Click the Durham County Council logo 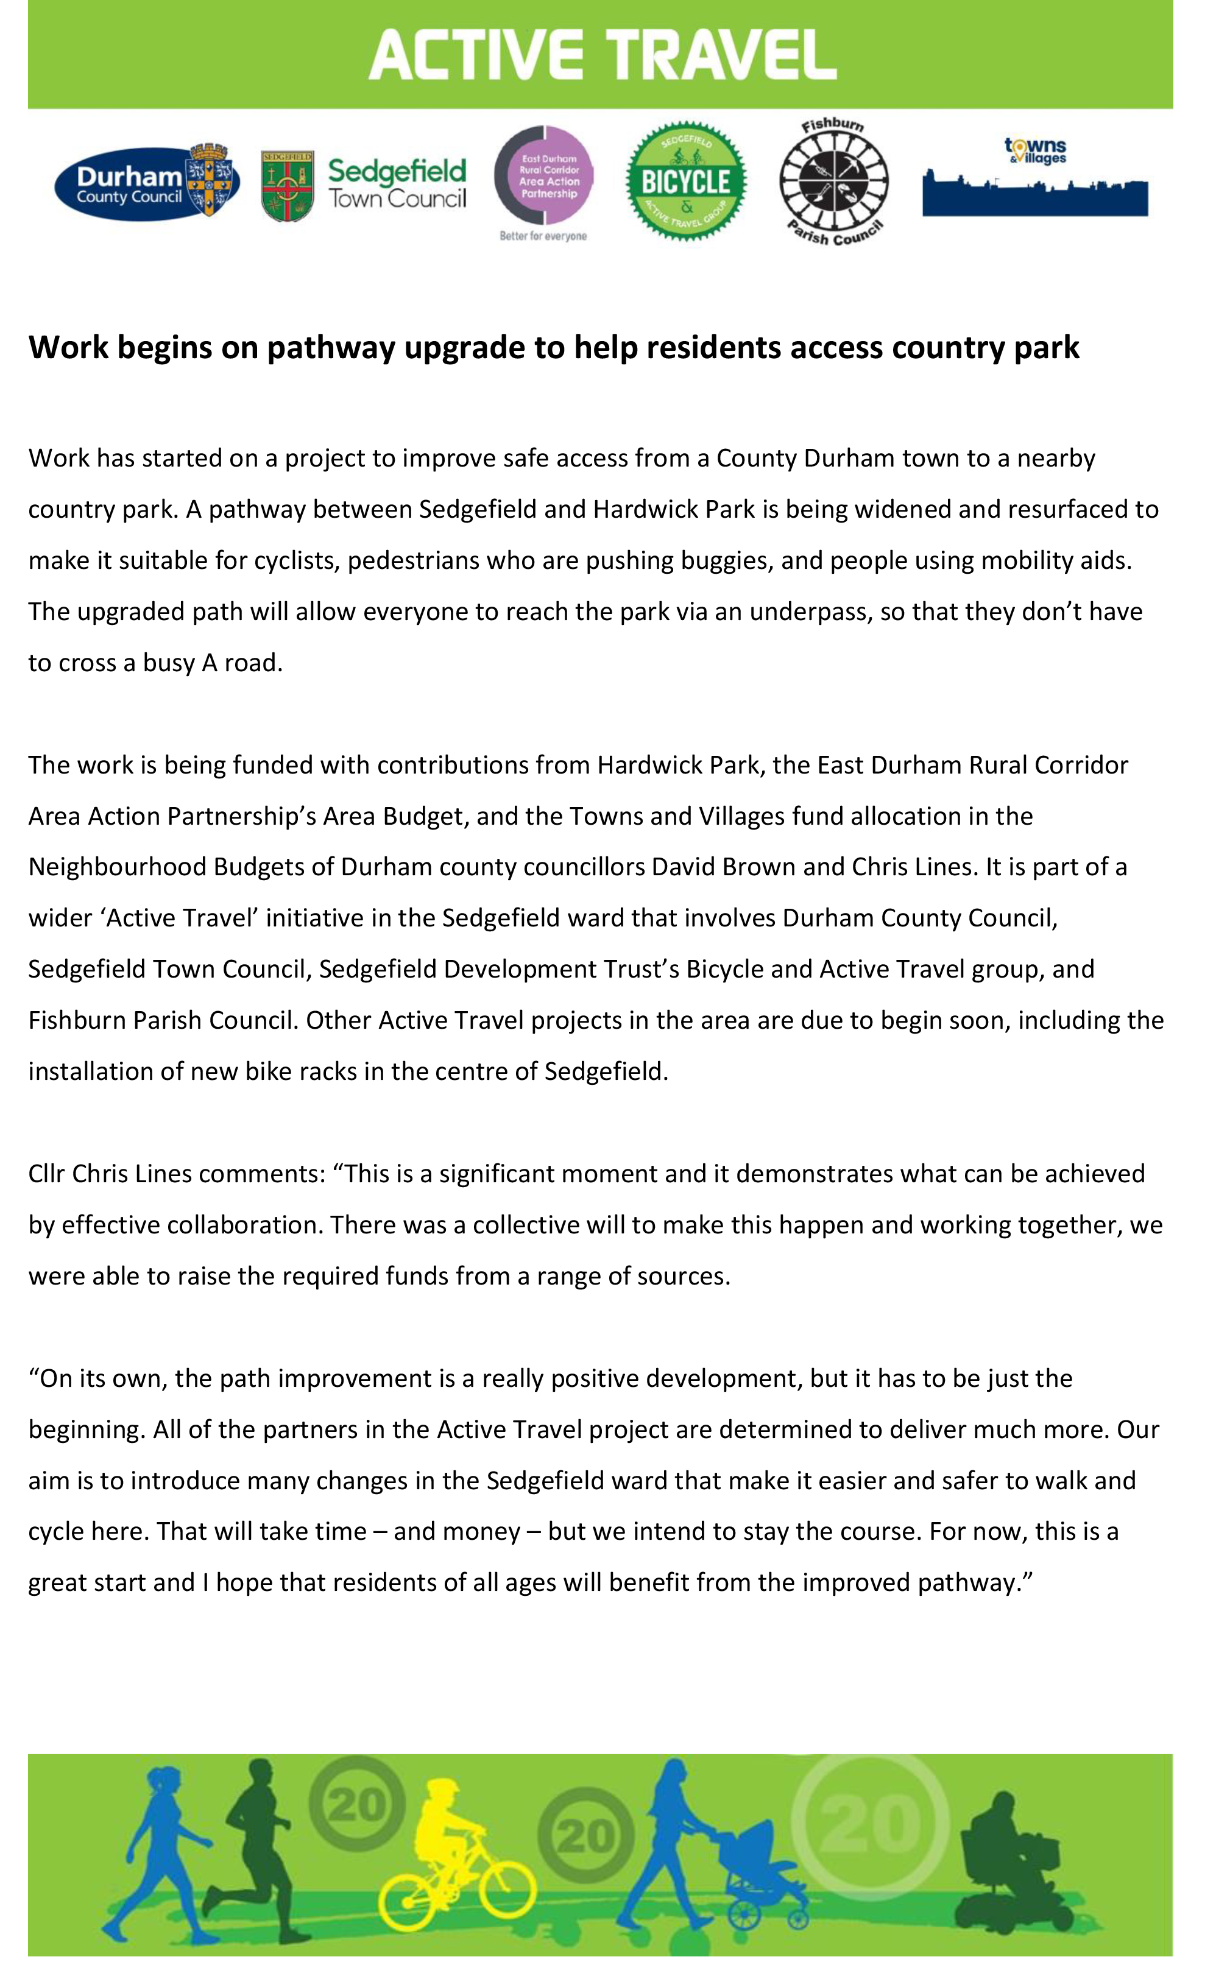(x=147, y=183)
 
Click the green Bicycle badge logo (x=686, y=181)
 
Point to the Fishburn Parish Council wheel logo (x=834, y=183)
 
